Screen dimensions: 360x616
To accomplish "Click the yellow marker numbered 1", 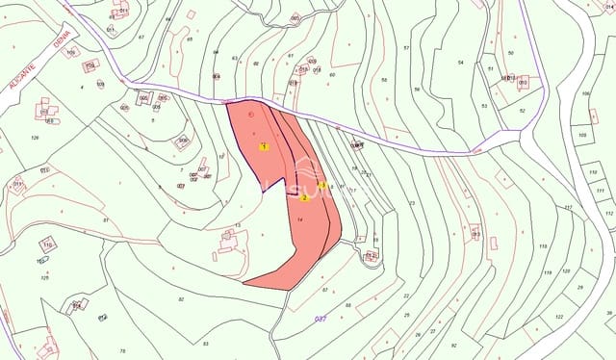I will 264,146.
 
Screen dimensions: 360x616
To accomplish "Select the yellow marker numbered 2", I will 304,198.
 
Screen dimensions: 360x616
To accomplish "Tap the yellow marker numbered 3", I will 321,185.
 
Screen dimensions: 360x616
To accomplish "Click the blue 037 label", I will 321,319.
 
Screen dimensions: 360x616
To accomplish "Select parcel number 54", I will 461,63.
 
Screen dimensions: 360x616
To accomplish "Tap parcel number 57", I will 406,48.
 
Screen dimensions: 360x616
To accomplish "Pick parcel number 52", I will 523,111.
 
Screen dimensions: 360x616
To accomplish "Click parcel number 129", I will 35,138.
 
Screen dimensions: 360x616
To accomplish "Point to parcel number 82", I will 181,299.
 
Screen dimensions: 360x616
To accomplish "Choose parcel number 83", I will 205,343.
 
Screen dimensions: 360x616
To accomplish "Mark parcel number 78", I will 122,350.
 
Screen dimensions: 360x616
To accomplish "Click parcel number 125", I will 44,278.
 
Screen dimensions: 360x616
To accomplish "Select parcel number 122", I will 559,317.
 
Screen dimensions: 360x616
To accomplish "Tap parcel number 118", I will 543,247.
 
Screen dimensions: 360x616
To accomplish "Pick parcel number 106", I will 585,93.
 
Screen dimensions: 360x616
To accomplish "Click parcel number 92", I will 453,345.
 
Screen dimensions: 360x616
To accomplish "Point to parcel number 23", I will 411,203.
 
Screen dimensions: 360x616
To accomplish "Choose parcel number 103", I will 581,135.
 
